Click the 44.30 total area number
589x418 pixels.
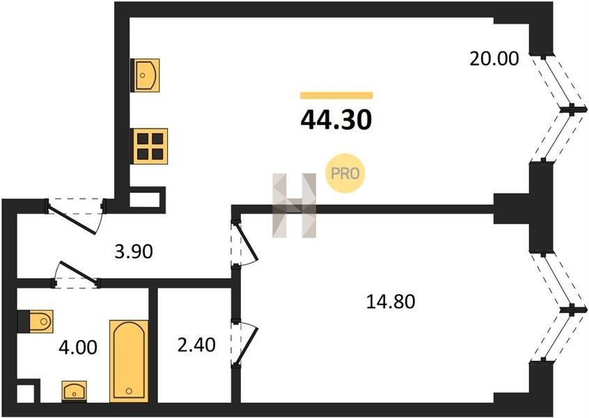[336, 120]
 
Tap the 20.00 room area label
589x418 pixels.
[494, 59]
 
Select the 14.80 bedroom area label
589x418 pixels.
[391, 302]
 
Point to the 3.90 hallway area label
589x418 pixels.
[134, 251]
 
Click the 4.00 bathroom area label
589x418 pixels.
[78, 347]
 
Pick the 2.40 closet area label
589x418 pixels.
[196, 345]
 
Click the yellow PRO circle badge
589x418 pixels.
[345, 173]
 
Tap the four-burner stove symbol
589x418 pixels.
[150, 146]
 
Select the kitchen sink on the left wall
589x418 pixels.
[145, 75]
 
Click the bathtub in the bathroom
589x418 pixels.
[129, 361]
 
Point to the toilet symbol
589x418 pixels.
[36, 321]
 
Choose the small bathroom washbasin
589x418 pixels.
[74, 391]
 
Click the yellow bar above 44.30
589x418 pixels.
[336, 95]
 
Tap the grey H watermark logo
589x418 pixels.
[294, 206]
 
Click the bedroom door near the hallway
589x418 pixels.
[246, 241]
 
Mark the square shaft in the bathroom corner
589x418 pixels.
[28, 391]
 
